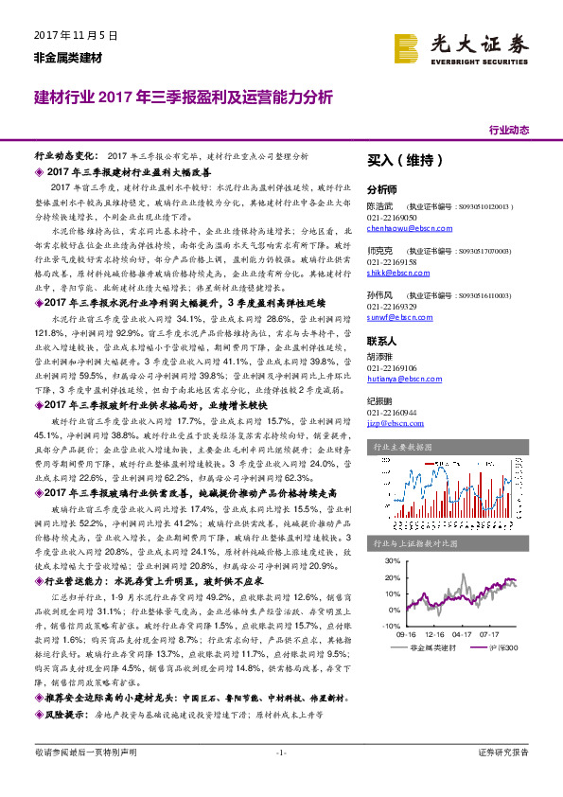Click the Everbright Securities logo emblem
tap(407, 45)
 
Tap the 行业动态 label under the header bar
tap(508, 130)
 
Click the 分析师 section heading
tap(383, 188)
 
